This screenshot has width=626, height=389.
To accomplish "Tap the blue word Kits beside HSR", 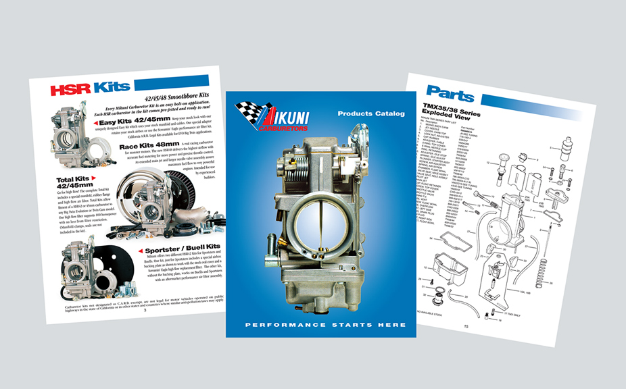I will pos(112,86).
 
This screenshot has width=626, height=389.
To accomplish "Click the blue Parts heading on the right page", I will pos(450,93).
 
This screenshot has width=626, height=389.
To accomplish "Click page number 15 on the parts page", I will pos(466,326).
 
